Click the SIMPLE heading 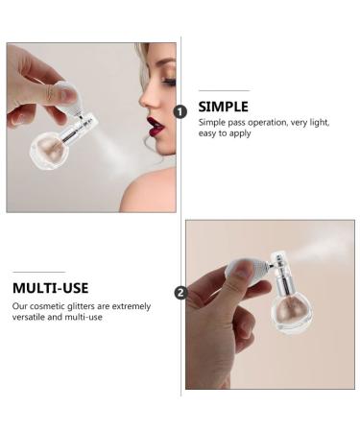pos(224,106)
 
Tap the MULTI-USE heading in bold pos(52,287)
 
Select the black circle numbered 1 pos(180,112)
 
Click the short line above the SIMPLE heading pos(224,90)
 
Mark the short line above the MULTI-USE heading pos(38,272)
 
